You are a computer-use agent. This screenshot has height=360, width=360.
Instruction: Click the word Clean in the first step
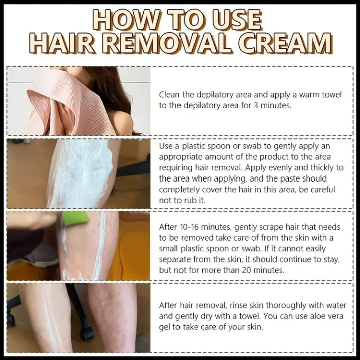pos(169,94)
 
